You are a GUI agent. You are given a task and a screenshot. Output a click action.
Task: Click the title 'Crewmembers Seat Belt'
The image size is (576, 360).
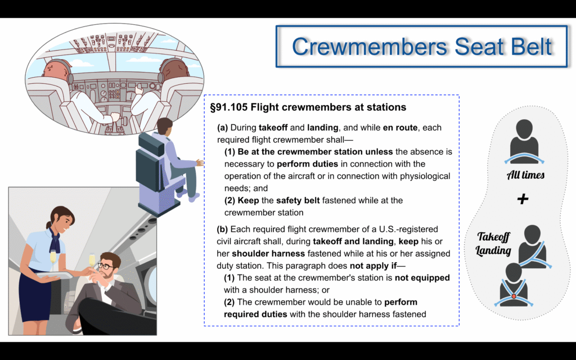click(422, 46)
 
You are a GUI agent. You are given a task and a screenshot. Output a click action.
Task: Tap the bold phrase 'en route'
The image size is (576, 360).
click(400, 128)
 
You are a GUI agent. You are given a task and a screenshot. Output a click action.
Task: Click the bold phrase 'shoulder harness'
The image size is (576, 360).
click(268, 254)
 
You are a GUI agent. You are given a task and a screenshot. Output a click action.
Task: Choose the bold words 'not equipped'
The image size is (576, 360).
click(422, 278)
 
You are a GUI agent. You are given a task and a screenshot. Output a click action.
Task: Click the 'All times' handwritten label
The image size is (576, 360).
click(526, 175)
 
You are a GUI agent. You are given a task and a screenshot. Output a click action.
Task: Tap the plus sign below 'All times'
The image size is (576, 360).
click(523, 199)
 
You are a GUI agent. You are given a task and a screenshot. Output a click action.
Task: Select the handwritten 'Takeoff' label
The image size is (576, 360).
click(494, 237)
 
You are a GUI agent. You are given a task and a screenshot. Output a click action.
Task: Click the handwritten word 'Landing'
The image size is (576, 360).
click(493, 251)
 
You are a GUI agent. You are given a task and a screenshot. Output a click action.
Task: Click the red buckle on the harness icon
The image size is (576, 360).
click(514, 296)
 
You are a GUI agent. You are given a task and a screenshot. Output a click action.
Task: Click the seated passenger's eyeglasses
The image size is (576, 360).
click(105, 266)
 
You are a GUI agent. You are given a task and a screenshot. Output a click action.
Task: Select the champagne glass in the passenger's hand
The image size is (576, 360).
click(92, 262)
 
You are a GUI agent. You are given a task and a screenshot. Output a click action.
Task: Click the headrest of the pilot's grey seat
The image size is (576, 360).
click(151, 143)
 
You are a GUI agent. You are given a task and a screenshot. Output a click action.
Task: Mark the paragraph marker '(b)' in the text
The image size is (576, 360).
click(222, 229)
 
